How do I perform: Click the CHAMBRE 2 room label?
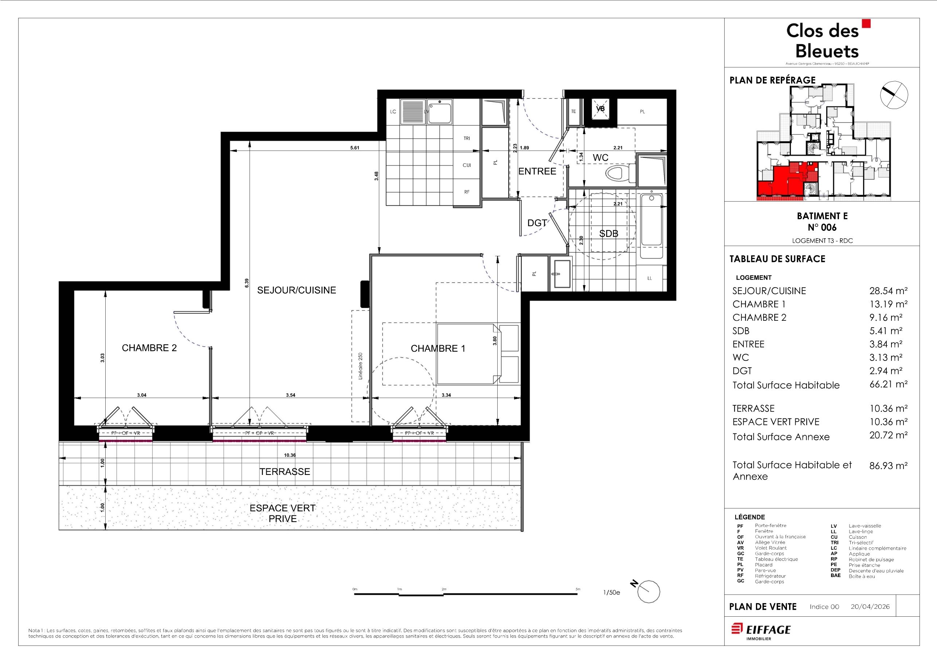(149, 348)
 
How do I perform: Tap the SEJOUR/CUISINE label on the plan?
(297, 290)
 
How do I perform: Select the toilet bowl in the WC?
(618, 173)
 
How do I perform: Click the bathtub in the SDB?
(651, 226)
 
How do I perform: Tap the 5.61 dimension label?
(354, 148)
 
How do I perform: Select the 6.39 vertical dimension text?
(247, 283)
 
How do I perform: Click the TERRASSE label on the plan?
(285, 472)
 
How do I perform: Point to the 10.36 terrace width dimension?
(290, 455)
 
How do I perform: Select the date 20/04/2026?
(870, 607)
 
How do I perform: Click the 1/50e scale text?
(611, 592)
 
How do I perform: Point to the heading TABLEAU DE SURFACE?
(777, 259)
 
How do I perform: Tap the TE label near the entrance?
(573, 112)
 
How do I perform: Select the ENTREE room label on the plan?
(537, 171)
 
